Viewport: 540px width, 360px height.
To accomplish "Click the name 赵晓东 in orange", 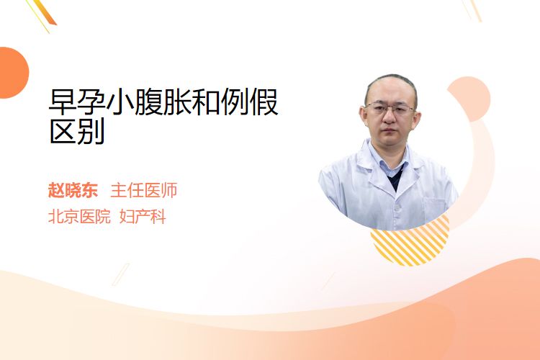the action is point(73,190).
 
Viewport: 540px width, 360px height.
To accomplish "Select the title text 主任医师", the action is point(144,190).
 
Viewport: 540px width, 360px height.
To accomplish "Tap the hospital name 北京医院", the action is point(79,217).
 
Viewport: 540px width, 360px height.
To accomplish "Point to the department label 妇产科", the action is point(143,217).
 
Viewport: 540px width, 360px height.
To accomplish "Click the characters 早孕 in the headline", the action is point(77,102).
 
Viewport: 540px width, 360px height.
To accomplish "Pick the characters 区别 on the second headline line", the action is point(77,132).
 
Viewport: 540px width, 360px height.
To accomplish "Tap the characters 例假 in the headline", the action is point(250,102).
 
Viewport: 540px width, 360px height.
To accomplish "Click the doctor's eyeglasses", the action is point(390,109).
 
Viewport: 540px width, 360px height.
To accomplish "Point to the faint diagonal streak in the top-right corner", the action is point(474,10).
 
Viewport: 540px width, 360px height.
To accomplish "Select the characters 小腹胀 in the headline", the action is point(149,102).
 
